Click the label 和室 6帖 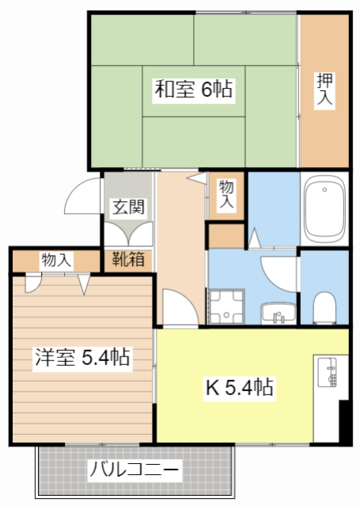coord(192,89)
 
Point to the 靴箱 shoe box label coord(127,259)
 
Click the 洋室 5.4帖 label coord(81,357)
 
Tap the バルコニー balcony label coord(134,470)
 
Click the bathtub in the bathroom coord(324,210)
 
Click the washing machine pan coord(227,306)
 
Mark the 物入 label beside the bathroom coord(226,194)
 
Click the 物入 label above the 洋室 coord(56,260)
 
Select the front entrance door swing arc coord(82,198)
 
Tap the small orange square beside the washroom coord(226,235)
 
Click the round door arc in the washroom coord(277,273)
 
